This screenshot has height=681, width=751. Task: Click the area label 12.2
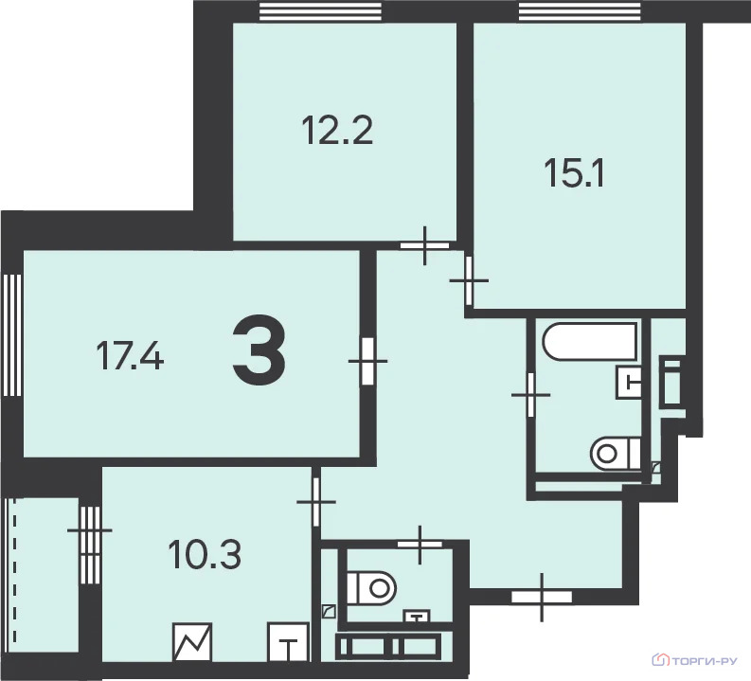tap(337, 131)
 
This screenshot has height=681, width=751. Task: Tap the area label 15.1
tap(574, 173)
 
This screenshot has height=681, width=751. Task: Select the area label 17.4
tap(130, 356)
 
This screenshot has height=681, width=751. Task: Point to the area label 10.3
tap(205, 555)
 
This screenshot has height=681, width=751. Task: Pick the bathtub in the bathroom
tap(590, 342)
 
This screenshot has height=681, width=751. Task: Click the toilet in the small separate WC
tap(372, 587)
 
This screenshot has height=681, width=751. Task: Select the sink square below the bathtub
tap(629, 382)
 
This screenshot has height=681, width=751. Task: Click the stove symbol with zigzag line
tap(192, 642)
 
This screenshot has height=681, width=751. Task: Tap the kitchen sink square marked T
tap(287, 642)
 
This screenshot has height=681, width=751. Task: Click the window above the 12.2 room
tap(320, 11)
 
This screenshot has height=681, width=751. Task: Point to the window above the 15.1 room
tap(580, 11)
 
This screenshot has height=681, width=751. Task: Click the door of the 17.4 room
tap(367, 361)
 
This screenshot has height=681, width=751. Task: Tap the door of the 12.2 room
tap(424, 245)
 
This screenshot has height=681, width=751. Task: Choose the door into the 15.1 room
tap(469, 280)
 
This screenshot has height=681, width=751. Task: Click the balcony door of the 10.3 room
tap(90, 530)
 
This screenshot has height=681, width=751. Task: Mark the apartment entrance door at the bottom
tap(542, 598)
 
